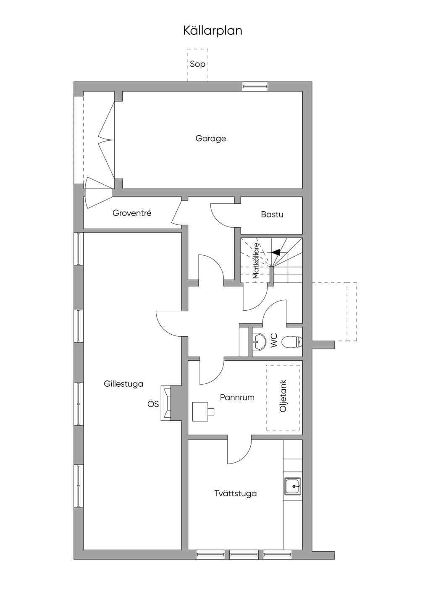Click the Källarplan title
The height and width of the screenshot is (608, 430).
212,31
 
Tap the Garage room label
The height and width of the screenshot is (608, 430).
211,139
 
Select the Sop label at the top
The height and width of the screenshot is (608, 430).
198,64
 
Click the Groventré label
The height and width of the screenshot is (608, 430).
132,213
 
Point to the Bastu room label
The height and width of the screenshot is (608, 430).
272,215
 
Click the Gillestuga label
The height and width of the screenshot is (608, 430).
123,384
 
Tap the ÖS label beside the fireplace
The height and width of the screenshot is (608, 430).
153,404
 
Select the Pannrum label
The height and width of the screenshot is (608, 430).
237,397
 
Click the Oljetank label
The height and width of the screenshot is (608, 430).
283,396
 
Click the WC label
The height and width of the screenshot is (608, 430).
274,341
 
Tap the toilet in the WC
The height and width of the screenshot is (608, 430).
292,342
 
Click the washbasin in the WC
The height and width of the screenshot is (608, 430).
259,341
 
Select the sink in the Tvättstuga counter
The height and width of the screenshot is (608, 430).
293,486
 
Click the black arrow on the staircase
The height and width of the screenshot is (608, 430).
275,252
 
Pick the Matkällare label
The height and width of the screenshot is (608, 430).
256,261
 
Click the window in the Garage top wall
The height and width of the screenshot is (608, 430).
255,86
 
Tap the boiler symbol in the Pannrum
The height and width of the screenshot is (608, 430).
203,411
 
